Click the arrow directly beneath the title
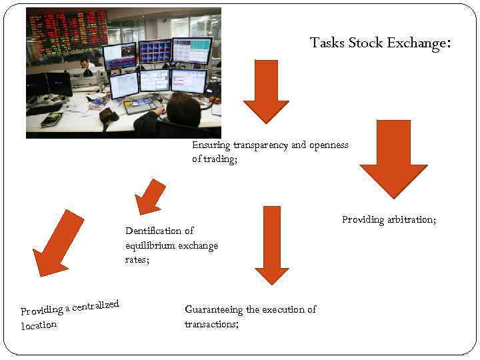click(x=266, y=91)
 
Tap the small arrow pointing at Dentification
click(x=150, y=197)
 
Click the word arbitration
click(x=411, y=219)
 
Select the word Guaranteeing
click(x=213, y=309)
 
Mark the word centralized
click(x=95, y=306)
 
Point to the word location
click(x=39, y=325)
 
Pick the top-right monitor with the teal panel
click(x=192, y=51)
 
